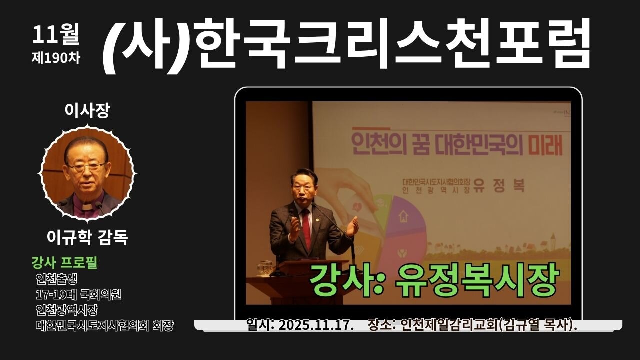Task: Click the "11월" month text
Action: [56, 34]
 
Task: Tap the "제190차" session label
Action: [56, 57]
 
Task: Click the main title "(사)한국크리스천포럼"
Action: [347, 44]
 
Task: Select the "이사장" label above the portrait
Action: [87, 111]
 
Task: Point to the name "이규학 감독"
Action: [87, 238]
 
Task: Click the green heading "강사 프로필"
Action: [64, 262]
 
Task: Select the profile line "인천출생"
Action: [56, 278]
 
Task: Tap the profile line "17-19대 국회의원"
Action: [79, 294]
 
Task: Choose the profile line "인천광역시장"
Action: [67, 310]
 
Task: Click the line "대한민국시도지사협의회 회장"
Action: [105, 326]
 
